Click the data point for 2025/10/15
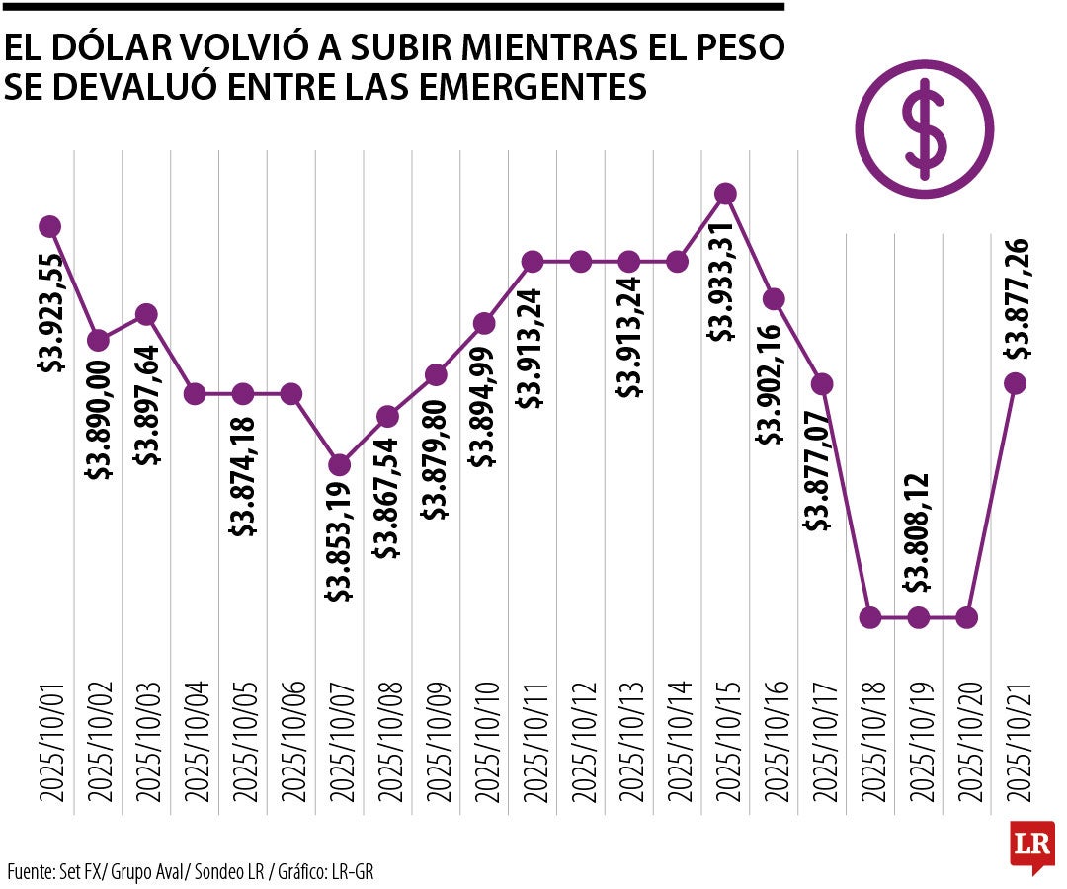725,193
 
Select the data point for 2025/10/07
339,464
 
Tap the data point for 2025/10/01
50,226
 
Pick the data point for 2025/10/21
1015,383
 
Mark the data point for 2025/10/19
918,617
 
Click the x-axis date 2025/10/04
195,740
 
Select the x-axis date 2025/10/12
581,740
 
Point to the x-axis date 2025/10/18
870,740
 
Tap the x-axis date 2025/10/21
1016,740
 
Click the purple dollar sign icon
924,127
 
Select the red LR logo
1031,846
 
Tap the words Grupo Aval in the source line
149,871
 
